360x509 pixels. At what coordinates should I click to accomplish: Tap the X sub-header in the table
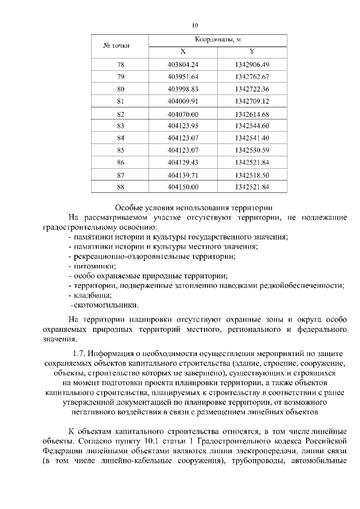point(183,51)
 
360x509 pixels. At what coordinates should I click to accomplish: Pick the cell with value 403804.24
point(183,65)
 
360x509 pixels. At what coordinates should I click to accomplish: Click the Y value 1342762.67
point(252,76)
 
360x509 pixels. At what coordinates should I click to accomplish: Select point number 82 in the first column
point(120,114)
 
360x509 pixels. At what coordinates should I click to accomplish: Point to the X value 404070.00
point(183,114)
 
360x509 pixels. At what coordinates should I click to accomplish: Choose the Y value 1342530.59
point(252,150)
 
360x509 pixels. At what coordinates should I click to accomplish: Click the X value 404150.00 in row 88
point(183,187)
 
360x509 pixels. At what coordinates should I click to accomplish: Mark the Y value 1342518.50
point(252,175)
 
